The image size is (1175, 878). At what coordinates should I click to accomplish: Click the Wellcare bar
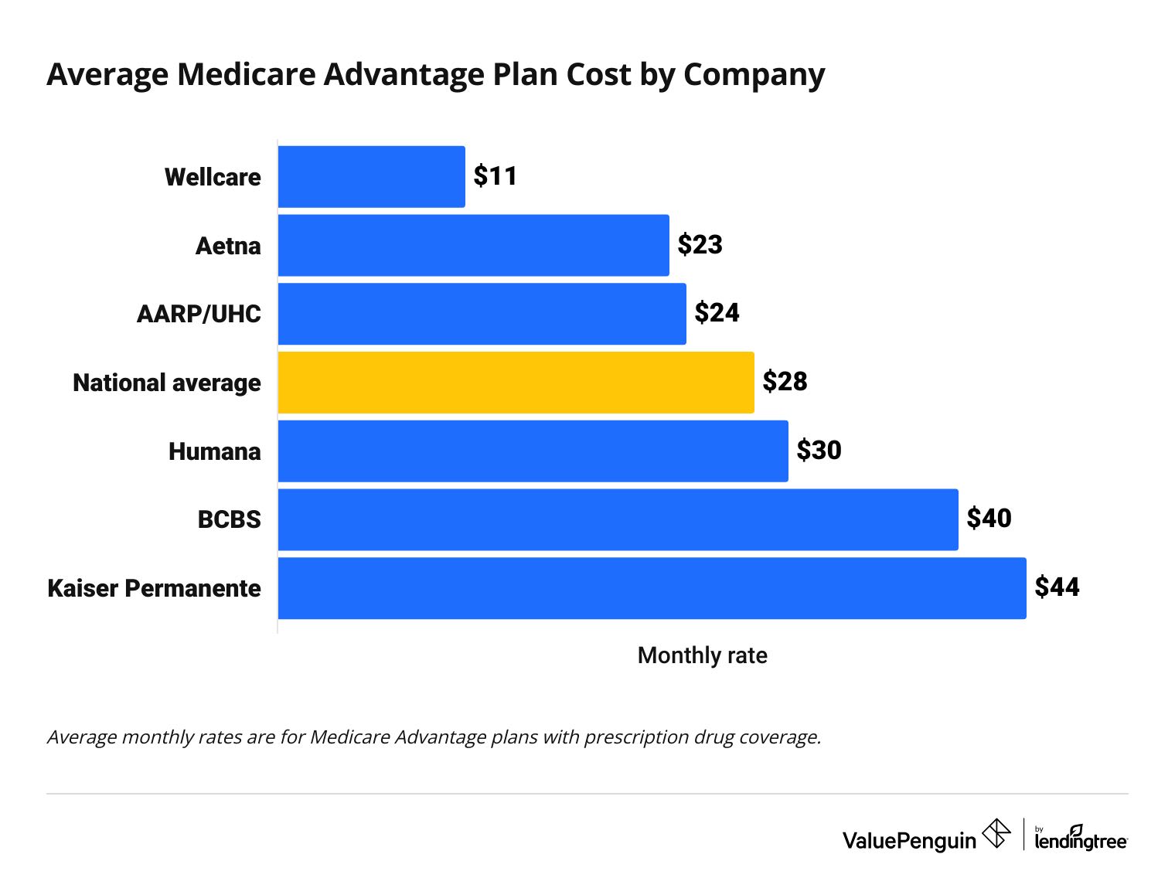371,177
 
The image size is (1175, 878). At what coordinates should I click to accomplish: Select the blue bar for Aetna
473,245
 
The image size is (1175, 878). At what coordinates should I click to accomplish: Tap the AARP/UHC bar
482,314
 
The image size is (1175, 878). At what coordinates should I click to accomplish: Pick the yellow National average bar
516,383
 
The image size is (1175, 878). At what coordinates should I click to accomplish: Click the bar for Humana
533,451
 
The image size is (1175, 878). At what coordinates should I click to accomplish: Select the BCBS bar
618,519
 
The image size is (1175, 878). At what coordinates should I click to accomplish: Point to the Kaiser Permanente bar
652,588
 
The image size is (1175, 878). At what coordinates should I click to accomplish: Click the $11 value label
496,176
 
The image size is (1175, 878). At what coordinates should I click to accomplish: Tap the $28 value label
785,382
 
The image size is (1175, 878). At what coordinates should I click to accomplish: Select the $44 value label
1057,587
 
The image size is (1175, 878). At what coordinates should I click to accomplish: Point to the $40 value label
989,519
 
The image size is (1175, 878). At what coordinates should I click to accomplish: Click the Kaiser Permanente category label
155,588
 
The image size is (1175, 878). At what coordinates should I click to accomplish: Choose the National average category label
167,383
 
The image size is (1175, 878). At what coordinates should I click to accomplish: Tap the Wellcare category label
213,177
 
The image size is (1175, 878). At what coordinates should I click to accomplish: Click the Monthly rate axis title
702,655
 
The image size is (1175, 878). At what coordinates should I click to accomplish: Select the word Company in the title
754,76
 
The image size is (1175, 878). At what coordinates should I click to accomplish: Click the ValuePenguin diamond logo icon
996,834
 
